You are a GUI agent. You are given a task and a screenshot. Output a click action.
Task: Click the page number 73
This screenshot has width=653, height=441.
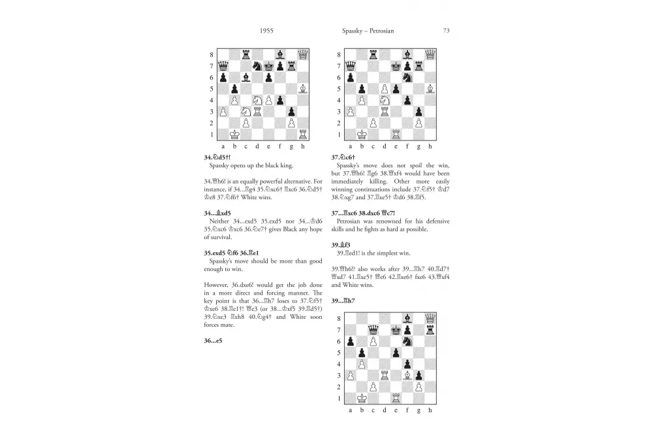click(x=446, y=30)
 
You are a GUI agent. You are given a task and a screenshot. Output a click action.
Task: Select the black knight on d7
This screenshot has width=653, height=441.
click(x=257, y=65)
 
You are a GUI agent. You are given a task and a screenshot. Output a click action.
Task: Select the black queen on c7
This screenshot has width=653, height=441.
click(x=373, y=330)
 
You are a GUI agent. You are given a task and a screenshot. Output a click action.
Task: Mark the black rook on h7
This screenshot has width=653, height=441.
click(x=430, y=330)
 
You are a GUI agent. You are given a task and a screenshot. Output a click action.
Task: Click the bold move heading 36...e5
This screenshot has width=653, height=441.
click(x=214, y=340)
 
